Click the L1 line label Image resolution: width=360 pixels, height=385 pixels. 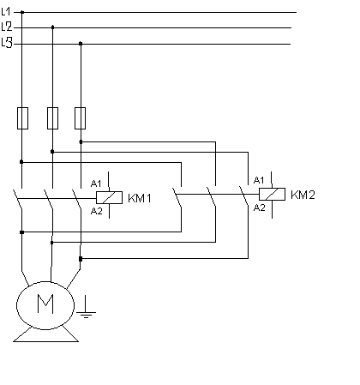click(x=6, y=12)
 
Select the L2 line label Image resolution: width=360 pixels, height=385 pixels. click(x=7, y=27)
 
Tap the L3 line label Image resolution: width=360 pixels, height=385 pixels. click(x=7, y=43)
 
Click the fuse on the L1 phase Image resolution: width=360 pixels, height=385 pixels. click(x=22, y=118)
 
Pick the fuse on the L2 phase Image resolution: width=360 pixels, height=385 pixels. click(x=52, y=118)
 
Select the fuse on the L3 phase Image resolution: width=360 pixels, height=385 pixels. click(x=81, y=118)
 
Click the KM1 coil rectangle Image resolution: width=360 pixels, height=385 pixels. click(x=109, y=197)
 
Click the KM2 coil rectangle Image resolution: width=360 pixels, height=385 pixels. click(x=272, y=194)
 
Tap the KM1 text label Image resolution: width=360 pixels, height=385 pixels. click(x=140, y=198)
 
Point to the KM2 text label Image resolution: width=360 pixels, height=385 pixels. click(x=303, y=195)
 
